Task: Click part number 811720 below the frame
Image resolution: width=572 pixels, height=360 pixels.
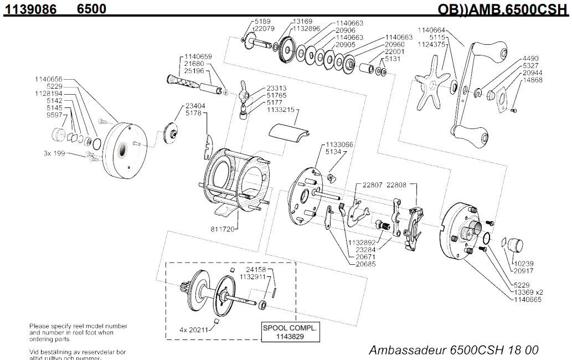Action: pos(223,228)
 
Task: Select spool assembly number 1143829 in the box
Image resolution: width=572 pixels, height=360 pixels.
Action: pos(290,336)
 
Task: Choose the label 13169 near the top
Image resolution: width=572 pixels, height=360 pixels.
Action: pos(303,22)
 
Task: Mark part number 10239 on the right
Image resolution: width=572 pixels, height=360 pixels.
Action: pos(523,264)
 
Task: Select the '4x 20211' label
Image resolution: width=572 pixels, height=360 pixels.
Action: pos(191,329)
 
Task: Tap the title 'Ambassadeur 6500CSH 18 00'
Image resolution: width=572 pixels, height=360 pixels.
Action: pos(453,350)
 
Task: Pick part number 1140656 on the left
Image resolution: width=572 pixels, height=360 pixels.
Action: pos(49,79)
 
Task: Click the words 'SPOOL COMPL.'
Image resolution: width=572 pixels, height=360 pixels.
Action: pos(290,328)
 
